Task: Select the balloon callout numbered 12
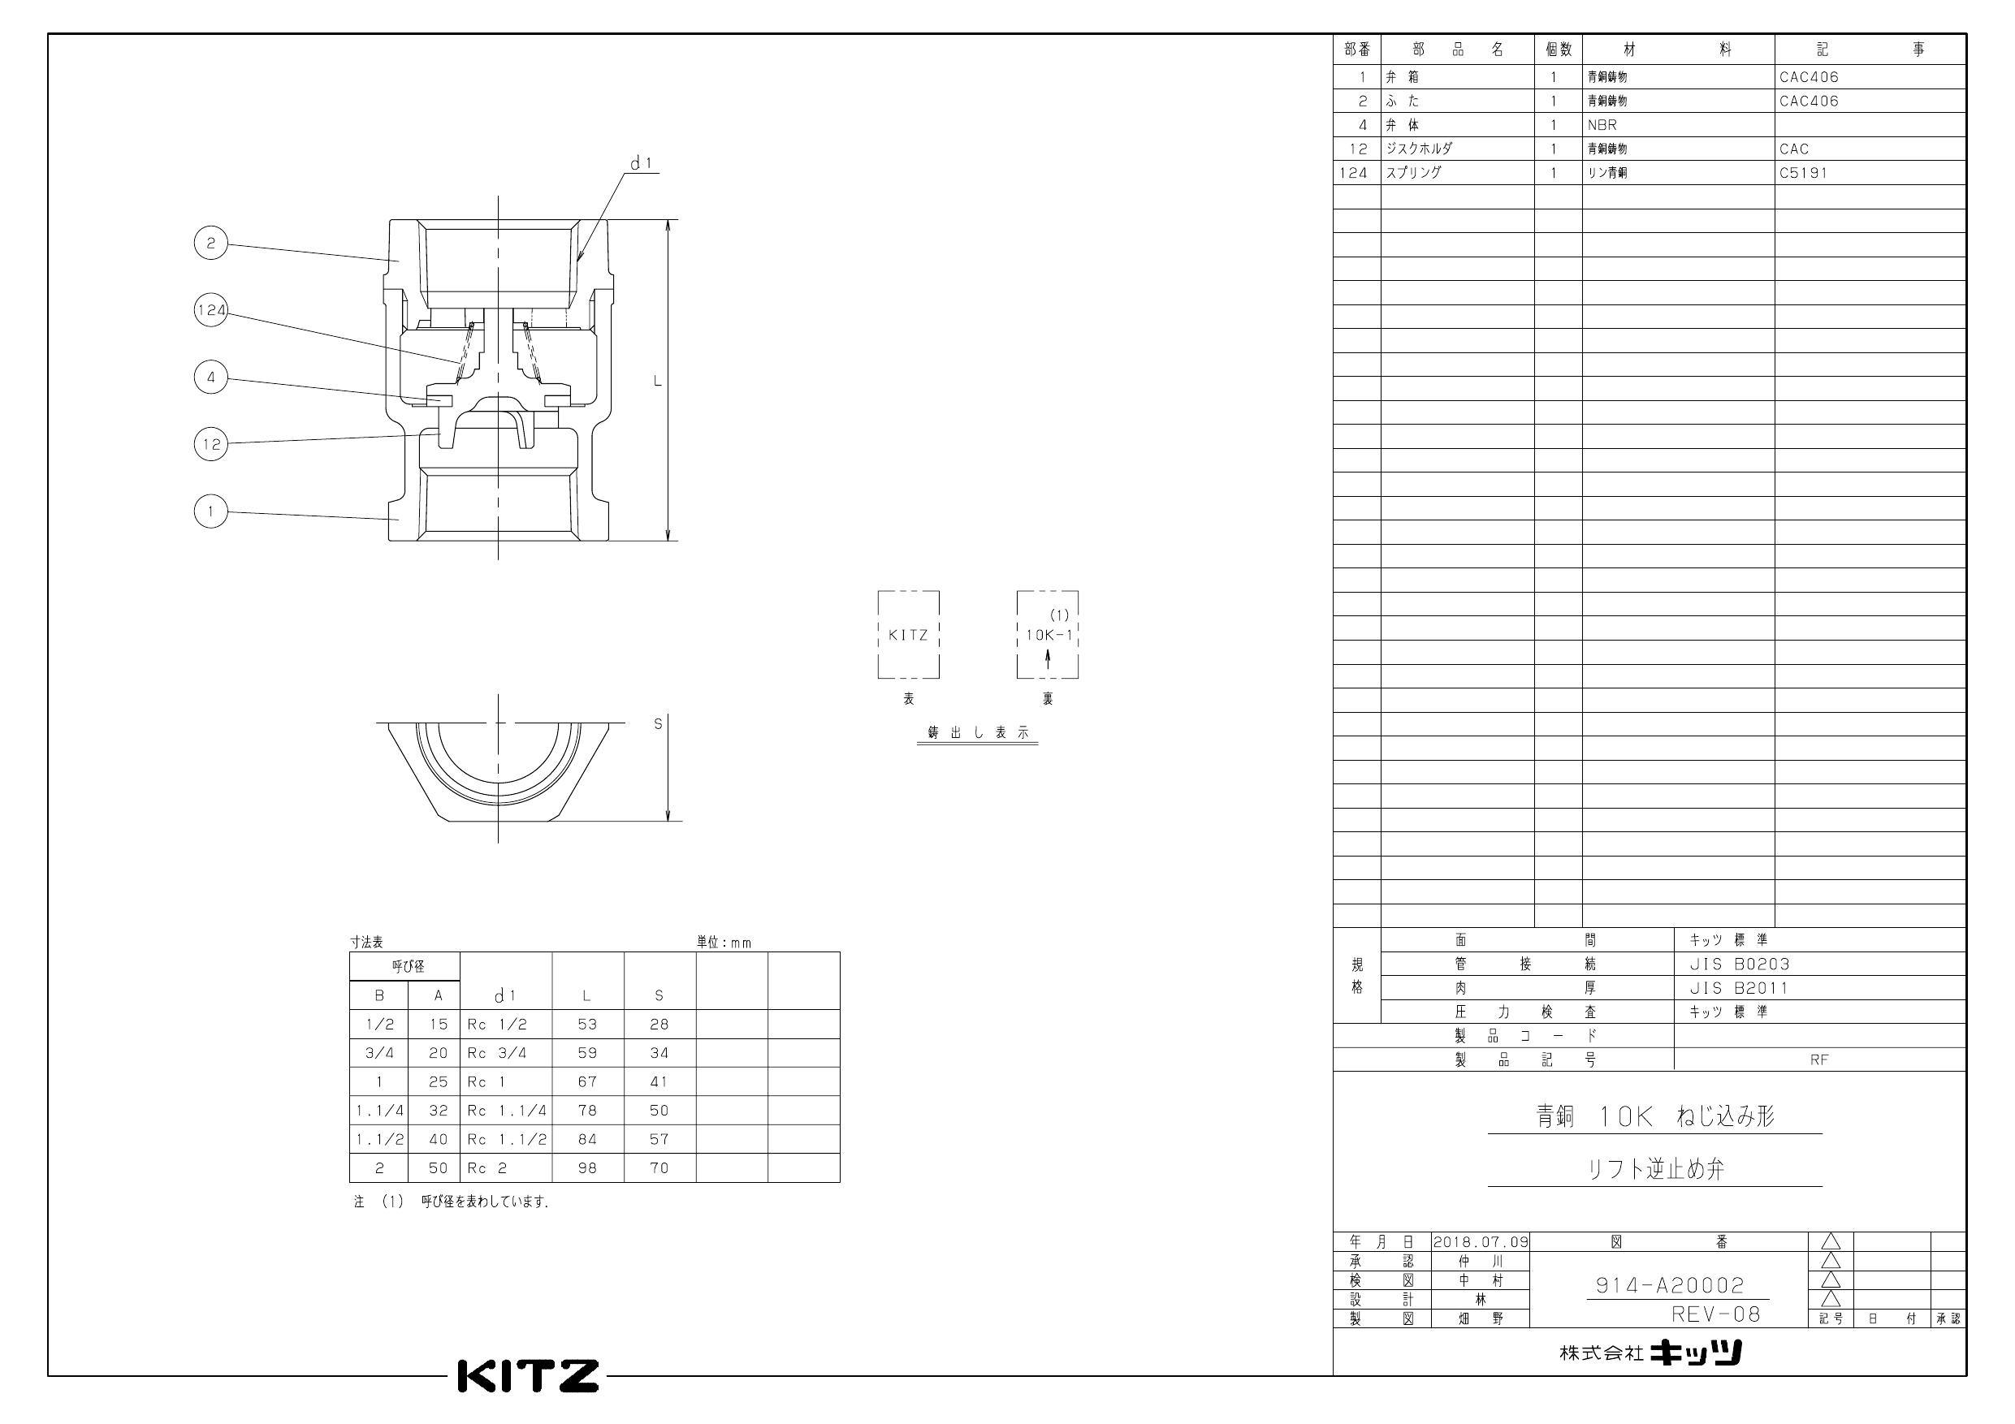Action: pos(210,444)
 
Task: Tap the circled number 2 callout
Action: pos(210,243)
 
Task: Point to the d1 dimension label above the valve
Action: pos(642,163)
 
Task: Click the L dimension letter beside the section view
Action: pos(656,381)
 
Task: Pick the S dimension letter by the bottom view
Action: pos(657,724)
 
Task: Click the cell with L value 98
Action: pos(587,1167)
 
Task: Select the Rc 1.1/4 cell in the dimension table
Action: pos(506,1110)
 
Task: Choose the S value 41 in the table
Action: pos(659,1081)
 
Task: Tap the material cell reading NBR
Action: pos(1602,124)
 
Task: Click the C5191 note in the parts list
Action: pos(1803,173)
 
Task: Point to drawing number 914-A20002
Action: pos(1669,1285)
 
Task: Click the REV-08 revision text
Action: pos(1716,1314)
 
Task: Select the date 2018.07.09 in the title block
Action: pos(1481,1241)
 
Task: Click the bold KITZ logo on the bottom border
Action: pos(529,1376)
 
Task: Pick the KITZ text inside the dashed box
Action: pos(907,635)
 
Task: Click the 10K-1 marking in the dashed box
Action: pos(1049,635)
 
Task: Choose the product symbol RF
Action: pos(1818,1060)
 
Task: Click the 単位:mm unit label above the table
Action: pos(724,943)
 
